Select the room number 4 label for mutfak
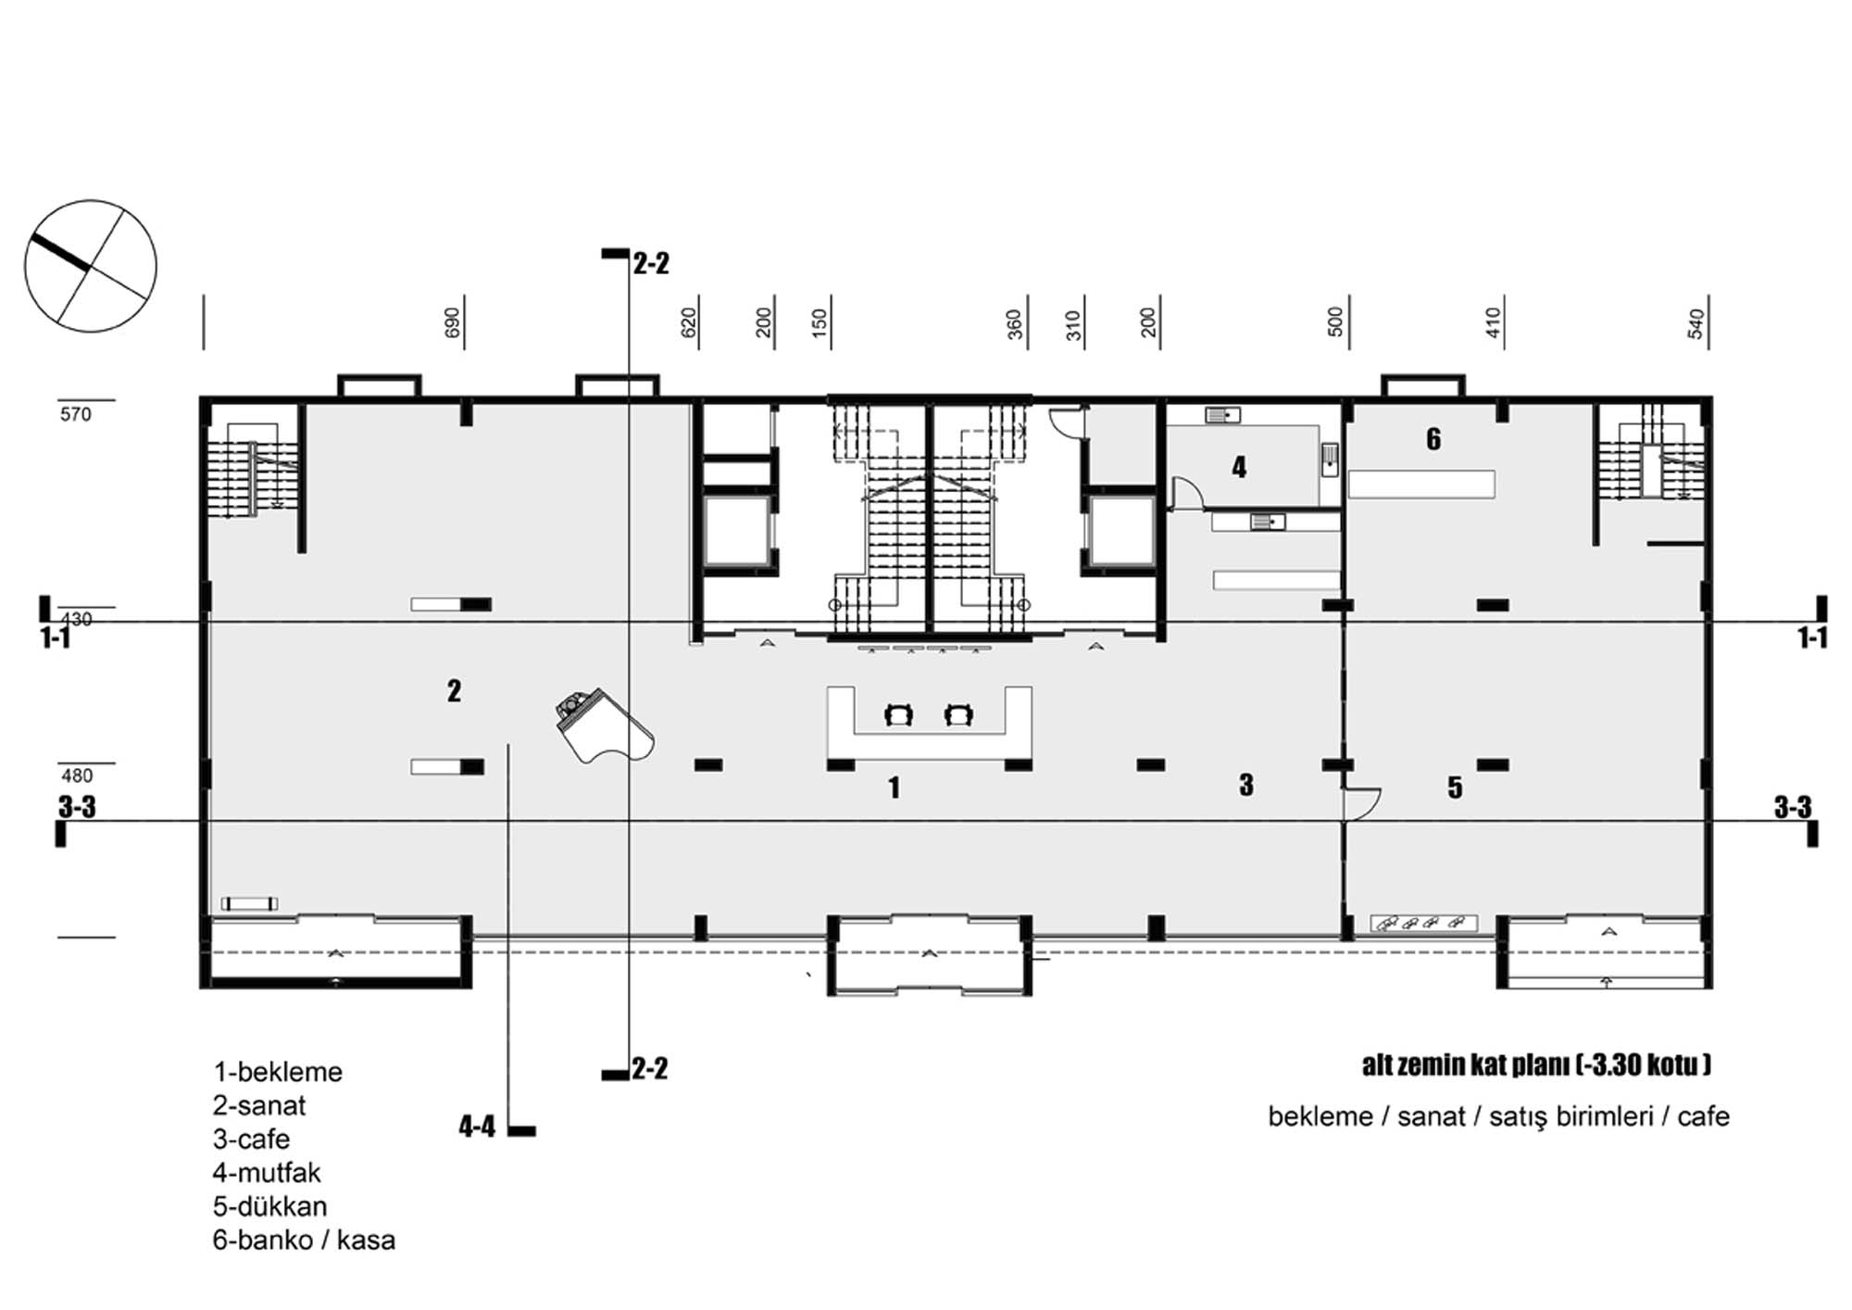coord(1239,467)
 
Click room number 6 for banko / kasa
coord(1433,439)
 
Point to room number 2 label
coord(454,690)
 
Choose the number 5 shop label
coord(1455,787)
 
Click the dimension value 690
coord(452,322)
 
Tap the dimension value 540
coord(1696,323)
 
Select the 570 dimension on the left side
coord(76,414)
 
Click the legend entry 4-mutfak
coord(267,1173)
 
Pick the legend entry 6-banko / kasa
coord(304,1240)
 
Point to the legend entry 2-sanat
coord(259,1105)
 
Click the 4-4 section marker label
coord(477,1127)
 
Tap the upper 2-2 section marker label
coord(651,264)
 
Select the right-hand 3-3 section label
coord(1792,807)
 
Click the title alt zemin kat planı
coord(1467,1065)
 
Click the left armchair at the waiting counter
coord(898,714)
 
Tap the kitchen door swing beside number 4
coord(1187,493)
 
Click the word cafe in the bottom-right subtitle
coord(1703,1116)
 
